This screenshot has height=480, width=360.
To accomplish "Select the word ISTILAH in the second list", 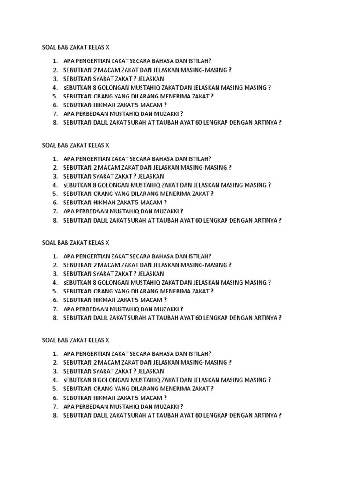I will [x=200, y=159].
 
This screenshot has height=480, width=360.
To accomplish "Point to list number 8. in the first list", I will [x=55, y=123].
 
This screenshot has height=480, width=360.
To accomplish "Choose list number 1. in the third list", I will [x=55, y=256].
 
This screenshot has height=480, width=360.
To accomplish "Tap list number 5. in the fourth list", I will [x=55, y=389].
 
